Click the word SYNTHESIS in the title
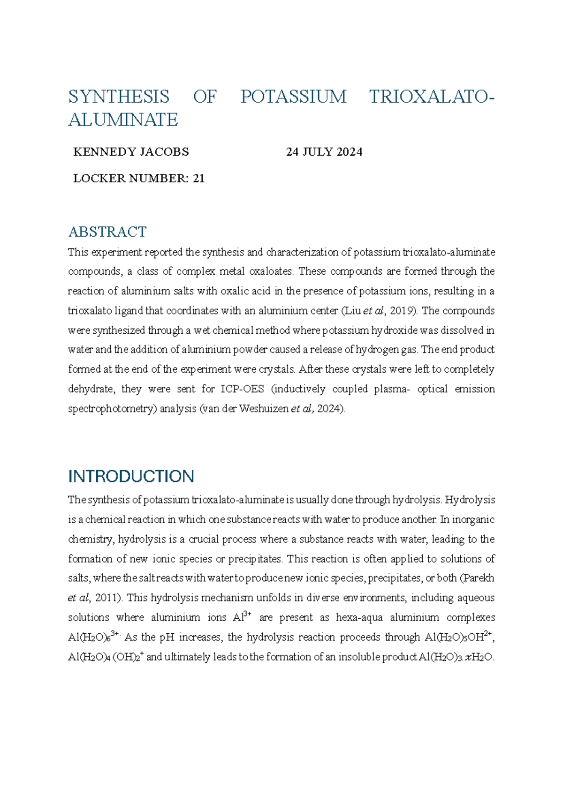[x=119, y=97]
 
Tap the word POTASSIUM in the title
[x=293, y=97]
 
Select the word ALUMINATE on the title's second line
[x=123, y=120]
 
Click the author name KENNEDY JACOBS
[x=131, y=152]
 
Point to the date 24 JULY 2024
[x=324, y=152]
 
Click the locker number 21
[x=198, y=179]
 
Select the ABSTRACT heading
[x=107, y=232]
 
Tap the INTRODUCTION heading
[x=131, y=476]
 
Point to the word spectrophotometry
[x=112, y=409]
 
